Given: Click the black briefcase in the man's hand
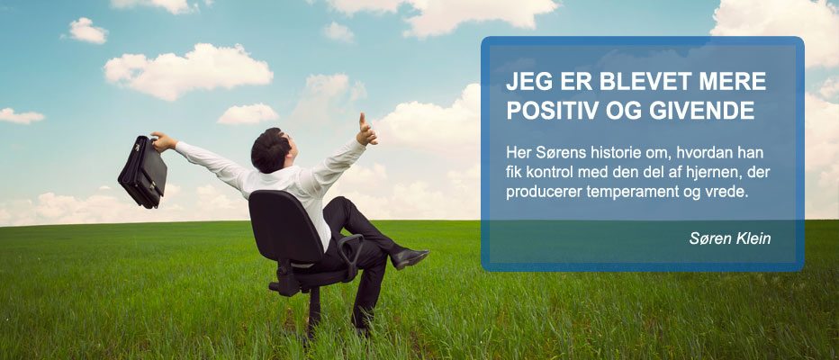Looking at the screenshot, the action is click(142, 171).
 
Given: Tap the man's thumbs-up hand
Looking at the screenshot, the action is click(366, 130).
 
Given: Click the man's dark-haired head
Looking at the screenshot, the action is click(272, 149).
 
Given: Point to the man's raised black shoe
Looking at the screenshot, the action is click(410, 257).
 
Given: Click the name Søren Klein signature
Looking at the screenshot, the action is click(730, 238).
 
